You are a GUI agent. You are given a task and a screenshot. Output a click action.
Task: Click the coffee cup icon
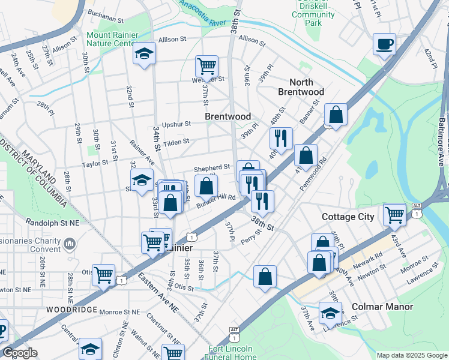click(384, 44)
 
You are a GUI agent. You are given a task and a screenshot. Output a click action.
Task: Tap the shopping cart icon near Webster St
click(206, 65)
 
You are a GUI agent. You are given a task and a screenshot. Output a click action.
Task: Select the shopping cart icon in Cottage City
click(394, 213)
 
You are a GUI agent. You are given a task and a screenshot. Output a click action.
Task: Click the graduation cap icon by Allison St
click(144, 53)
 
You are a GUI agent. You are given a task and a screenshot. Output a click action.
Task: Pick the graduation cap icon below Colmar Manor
click(330, 313)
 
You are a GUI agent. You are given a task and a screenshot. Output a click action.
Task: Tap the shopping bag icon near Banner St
click(336, 114)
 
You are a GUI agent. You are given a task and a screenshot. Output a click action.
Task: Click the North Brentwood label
click(301, 87)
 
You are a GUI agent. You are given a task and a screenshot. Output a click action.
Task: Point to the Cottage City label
click(348, 217)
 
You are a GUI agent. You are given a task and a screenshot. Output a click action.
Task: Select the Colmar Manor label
click(382, 307)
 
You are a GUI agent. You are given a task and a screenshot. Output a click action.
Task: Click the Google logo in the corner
click(19, 353)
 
